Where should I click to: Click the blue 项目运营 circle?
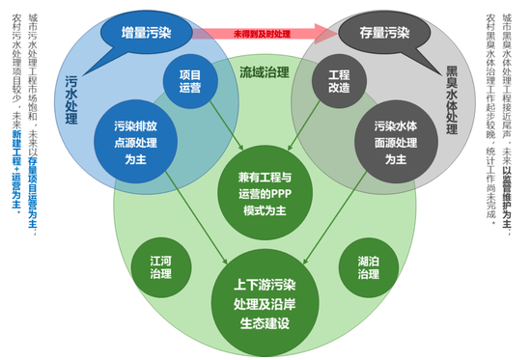pos(189,81)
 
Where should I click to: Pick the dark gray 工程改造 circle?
pos(338,81)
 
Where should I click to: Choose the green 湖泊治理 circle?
pos(368,266)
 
